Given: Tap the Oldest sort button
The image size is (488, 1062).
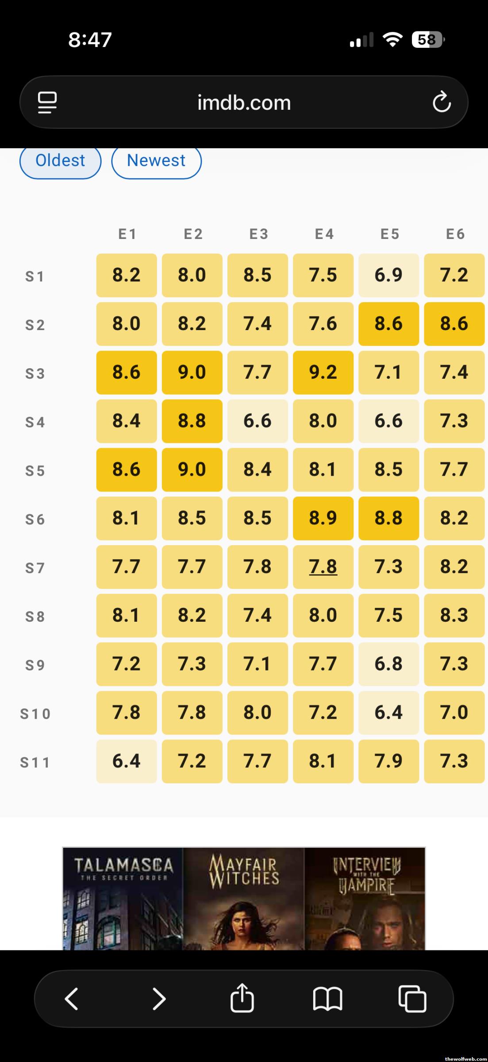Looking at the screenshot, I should (60, 161).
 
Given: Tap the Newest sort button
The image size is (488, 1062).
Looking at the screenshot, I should (156, 161).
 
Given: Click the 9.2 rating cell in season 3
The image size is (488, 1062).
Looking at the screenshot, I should (323, 372).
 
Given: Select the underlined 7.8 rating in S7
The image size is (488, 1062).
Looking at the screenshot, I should (323, 566).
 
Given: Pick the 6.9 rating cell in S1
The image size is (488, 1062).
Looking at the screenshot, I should (388, 275).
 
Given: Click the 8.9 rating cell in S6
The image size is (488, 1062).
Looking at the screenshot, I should (323, 518).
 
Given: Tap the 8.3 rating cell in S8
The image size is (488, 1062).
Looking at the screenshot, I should (454, 615).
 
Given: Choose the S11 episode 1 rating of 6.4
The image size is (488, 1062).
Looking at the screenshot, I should (127, 761).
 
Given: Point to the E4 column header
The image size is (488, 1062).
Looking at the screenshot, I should (324, 234).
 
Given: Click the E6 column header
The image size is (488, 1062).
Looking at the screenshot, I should (455, 234).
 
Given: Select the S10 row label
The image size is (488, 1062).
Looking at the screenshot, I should (35, 714).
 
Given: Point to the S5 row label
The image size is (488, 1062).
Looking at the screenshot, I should (35, 471).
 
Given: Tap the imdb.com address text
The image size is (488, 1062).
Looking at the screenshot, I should (244, 103).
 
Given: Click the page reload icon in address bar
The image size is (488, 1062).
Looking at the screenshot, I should (442, 103).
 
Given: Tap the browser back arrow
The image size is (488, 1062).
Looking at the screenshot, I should (72, 999).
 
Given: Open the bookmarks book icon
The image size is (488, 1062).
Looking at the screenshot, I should (327, 999).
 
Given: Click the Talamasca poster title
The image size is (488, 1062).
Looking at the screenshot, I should (123, 869).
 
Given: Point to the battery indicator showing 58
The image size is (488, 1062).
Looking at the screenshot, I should (427, 40).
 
